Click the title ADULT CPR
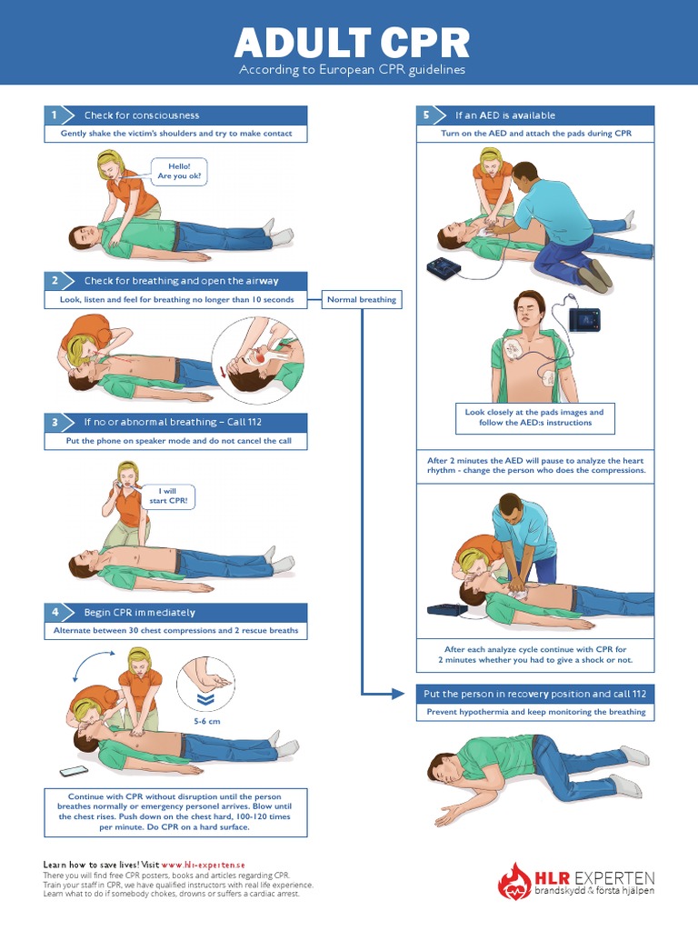(352, 42)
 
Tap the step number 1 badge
(55, 115)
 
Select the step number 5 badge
(425, 115)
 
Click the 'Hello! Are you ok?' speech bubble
(181, 170)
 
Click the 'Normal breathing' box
(361, 299)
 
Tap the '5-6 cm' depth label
(207, 720)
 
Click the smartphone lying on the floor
(74, 771)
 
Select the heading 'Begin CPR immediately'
(139, 612)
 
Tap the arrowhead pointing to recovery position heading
(399, 694)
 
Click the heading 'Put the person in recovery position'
(534, 694)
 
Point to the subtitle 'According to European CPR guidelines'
(352, 70)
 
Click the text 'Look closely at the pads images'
(533, 412)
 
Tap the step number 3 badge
(55, 423)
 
